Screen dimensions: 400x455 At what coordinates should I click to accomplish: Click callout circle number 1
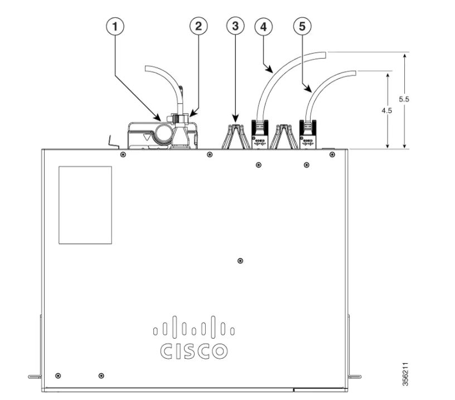(x=115, y=26)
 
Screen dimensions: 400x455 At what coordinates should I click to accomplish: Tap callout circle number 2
(x=197, y=26)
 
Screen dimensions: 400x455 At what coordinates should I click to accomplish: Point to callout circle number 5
(x=302, y=26)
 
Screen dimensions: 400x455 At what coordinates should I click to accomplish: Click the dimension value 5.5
(x=405, y=99)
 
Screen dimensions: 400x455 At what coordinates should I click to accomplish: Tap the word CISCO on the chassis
(x=193, y=351)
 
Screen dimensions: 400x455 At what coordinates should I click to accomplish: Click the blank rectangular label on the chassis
(x=85, y=205)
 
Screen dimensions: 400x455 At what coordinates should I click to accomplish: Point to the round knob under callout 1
(x=164, y=133)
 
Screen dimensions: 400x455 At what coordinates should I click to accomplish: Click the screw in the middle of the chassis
(x=240, y=261)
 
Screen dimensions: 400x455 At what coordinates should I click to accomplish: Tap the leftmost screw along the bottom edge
(x=59, y=375)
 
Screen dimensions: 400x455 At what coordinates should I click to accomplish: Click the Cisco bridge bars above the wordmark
(x=193, y=327)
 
